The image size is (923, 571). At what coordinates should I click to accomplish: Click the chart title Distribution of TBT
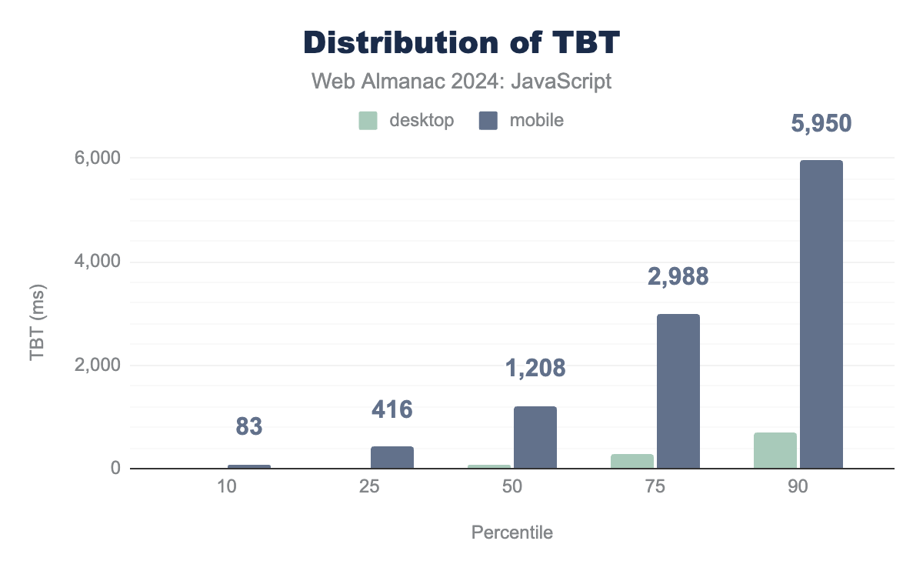click(x=461, y=44)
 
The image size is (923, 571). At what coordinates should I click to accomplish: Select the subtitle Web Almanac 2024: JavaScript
click(x=461, y=82)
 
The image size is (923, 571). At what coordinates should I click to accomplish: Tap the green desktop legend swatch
click(x=368, y=121)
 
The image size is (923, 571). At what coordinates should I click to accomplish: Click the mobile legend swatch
click(x=487, y=121)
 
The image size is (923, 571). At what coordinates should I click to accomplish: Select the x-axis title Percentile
click(x=511, y=533)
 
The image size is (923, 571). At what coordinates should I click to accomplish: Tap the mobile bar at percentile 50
click(x=535, y=437)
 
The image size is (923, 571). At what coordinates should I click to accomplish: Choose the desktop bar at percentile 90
click(x=775, y=450)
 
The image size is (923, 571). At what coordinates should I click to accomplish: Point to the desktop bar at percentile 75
click(x=632, y=461)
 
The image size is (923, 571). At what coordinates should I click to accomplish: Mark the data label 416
click(x=392, y=409)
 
